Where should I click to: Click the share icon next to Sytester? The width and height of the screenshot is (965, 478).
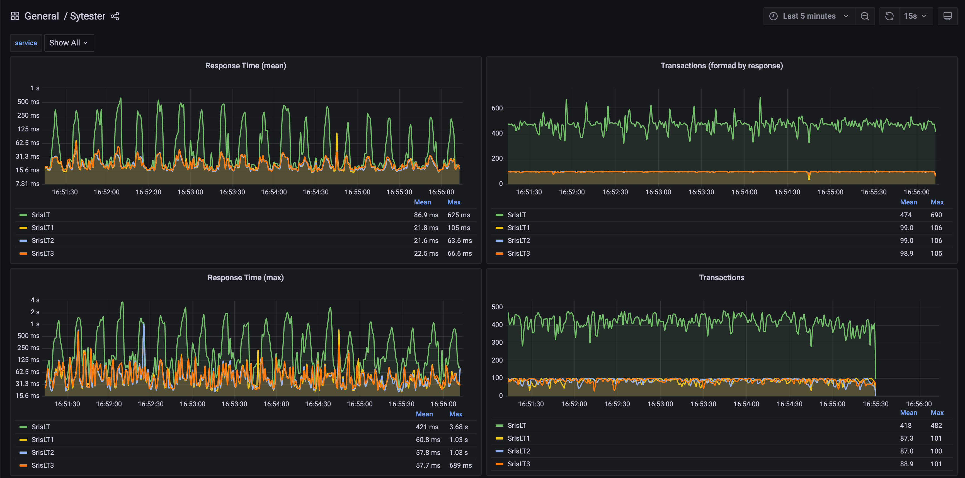pyautogui.click(x=115, y=16)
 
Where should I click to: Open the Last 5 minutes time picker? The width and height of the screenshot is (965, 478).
pyautogui.click(x=809, y=16)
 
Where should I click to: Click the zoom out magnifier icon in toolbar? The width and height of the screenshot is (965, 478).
pyautogui.click(x=865, y=16)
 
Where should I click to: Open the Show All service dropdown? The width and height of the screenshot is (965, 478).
pyautogui.click(x=69, y=43)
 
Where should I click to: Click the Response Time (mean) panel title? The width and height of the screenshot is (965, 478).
pyautogui.click(x=245, y=66)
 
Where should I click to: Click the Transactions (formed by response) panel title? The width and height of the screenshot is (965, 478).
pyautogui.click(x=721, y=66)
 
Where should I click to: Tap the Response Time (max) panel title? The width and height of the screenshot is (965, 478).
pyautogui.click(x=245, y=277)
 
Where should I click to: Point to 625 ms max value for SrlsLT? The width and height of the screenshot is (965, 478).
pyautogui.click(x=459, y=215)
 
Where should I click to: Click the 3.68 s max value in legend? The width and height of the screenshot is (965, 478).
pyautogui.click(x=458, y=427)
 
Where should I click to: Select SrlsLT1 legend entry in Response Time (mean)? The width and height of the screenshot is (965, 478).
pyautogui.click(x=42, y=228)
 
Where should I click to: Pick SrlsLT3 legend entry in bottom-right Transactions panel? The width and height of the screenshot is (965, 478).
pyautogui.click(x=518, y=464)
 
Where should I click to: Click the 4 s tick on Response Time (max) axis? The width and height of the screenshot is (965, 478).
pyautogui.click(x=35, y=300)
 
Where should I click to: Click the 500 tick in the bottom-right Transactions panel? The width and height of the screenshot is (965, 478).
pyautogui.click(x=497, y=307)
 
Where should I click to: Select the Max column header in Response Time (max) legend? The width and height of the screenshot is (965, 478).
pyautogui.click(x=455, y=414)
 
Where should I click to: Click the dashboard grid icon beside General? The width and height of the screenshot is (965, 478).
pyautogui.click(x=15, y=16)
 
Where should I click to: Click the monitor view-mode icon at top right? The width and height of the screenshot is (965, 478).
pyautogui.click(x=947, y=16)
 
